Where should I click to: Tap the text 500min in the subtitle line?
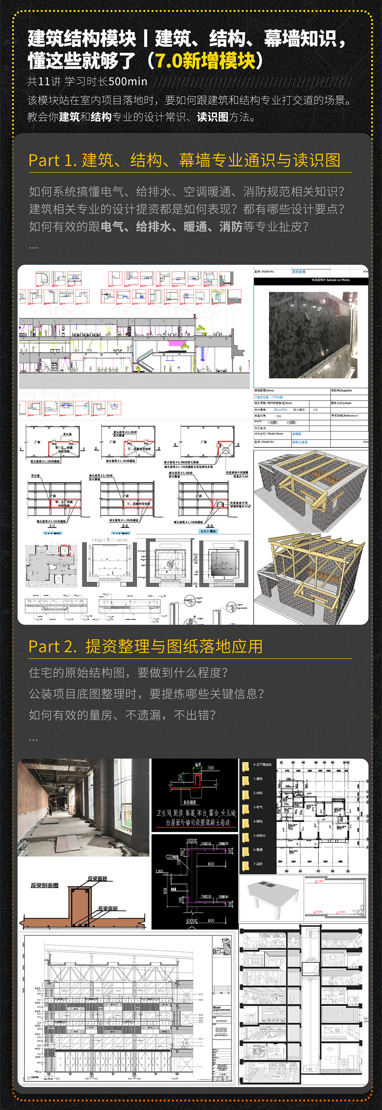128,81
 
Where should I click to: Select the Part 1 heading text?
185,160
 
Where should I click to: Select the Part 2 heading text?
145,646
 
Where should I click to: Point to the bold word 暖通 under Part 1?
195,227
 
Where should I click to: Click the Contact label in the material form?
342,403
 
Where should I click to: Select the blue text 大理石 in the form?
297,434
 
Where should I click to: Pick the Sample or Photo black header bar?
311,280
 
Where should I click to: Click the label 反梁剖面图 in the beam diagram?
44,886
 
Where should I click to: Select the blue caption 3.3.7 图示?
209,531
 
